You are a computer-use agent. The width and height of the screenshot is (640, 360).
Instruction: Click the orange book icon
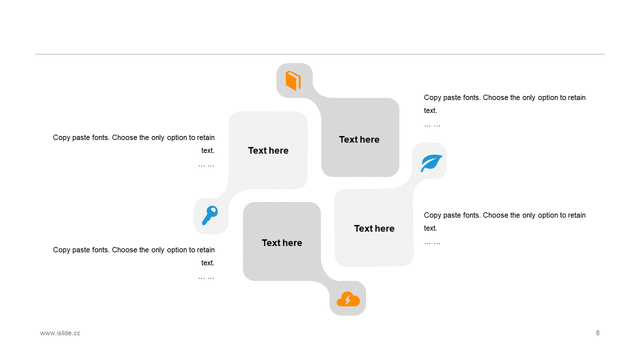click(x=293, y=80)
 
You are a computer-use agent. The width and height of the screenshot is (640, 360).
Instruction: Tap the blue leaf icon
click(x=431, y=163)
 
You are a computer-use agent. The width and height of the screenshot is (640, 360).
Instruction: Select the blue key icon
click(x=210, y=215)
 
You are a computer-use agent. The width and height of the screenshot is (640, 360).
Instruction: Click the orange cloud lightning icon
click(x=348, y=299)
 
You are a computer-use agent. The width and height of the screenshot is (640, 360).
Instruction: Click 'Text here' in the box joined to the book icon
click(x=359, y=139)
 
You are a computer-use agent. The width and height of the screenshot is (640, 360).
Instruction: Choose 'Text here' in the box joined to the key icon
click(x=268, y=150)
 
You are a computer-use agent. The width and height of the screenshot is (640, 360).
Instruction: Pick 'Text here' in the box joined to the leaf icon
click(x=374, y=228)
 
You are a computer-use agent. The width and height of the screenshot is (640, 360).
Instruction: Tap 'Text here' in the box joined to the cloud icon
click(x=282, y=243)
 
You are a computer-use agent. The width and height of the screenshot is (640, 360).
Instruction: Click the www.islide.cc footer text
click(x=60, y=333)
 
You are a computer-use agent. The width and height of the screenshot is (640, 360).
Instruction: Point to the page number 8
click(x=597, y=333)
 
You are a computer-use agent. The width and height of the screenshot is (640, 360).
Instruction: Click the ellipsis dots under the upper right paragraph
click(x=432, y=124)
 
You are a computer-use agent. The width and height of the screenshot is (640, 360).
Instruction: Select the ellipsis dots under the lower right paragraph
click(x=432, y=242)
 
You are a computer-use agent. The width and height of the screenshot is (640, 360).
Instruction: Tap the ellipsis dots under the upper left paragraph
click(x=206, y=164)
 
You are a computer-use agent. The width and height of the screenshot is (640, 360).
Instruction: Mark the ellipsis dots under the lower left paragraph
click(x=206, y=277)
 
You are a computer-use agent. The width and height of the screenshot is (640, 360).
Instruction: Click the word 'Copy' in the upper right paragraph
click(x=432, y=97)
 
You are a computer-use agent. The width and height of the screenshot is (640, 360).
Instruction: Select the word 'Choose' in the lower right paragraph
click(x=495, y=215)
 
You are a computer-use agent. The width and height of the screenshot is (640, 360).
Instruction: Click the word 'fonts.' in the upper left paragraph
click(x=98, y=137)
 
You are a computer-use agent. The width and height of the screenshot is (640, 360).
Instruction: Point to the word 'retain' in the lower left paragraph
click(x=205, y=250)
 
